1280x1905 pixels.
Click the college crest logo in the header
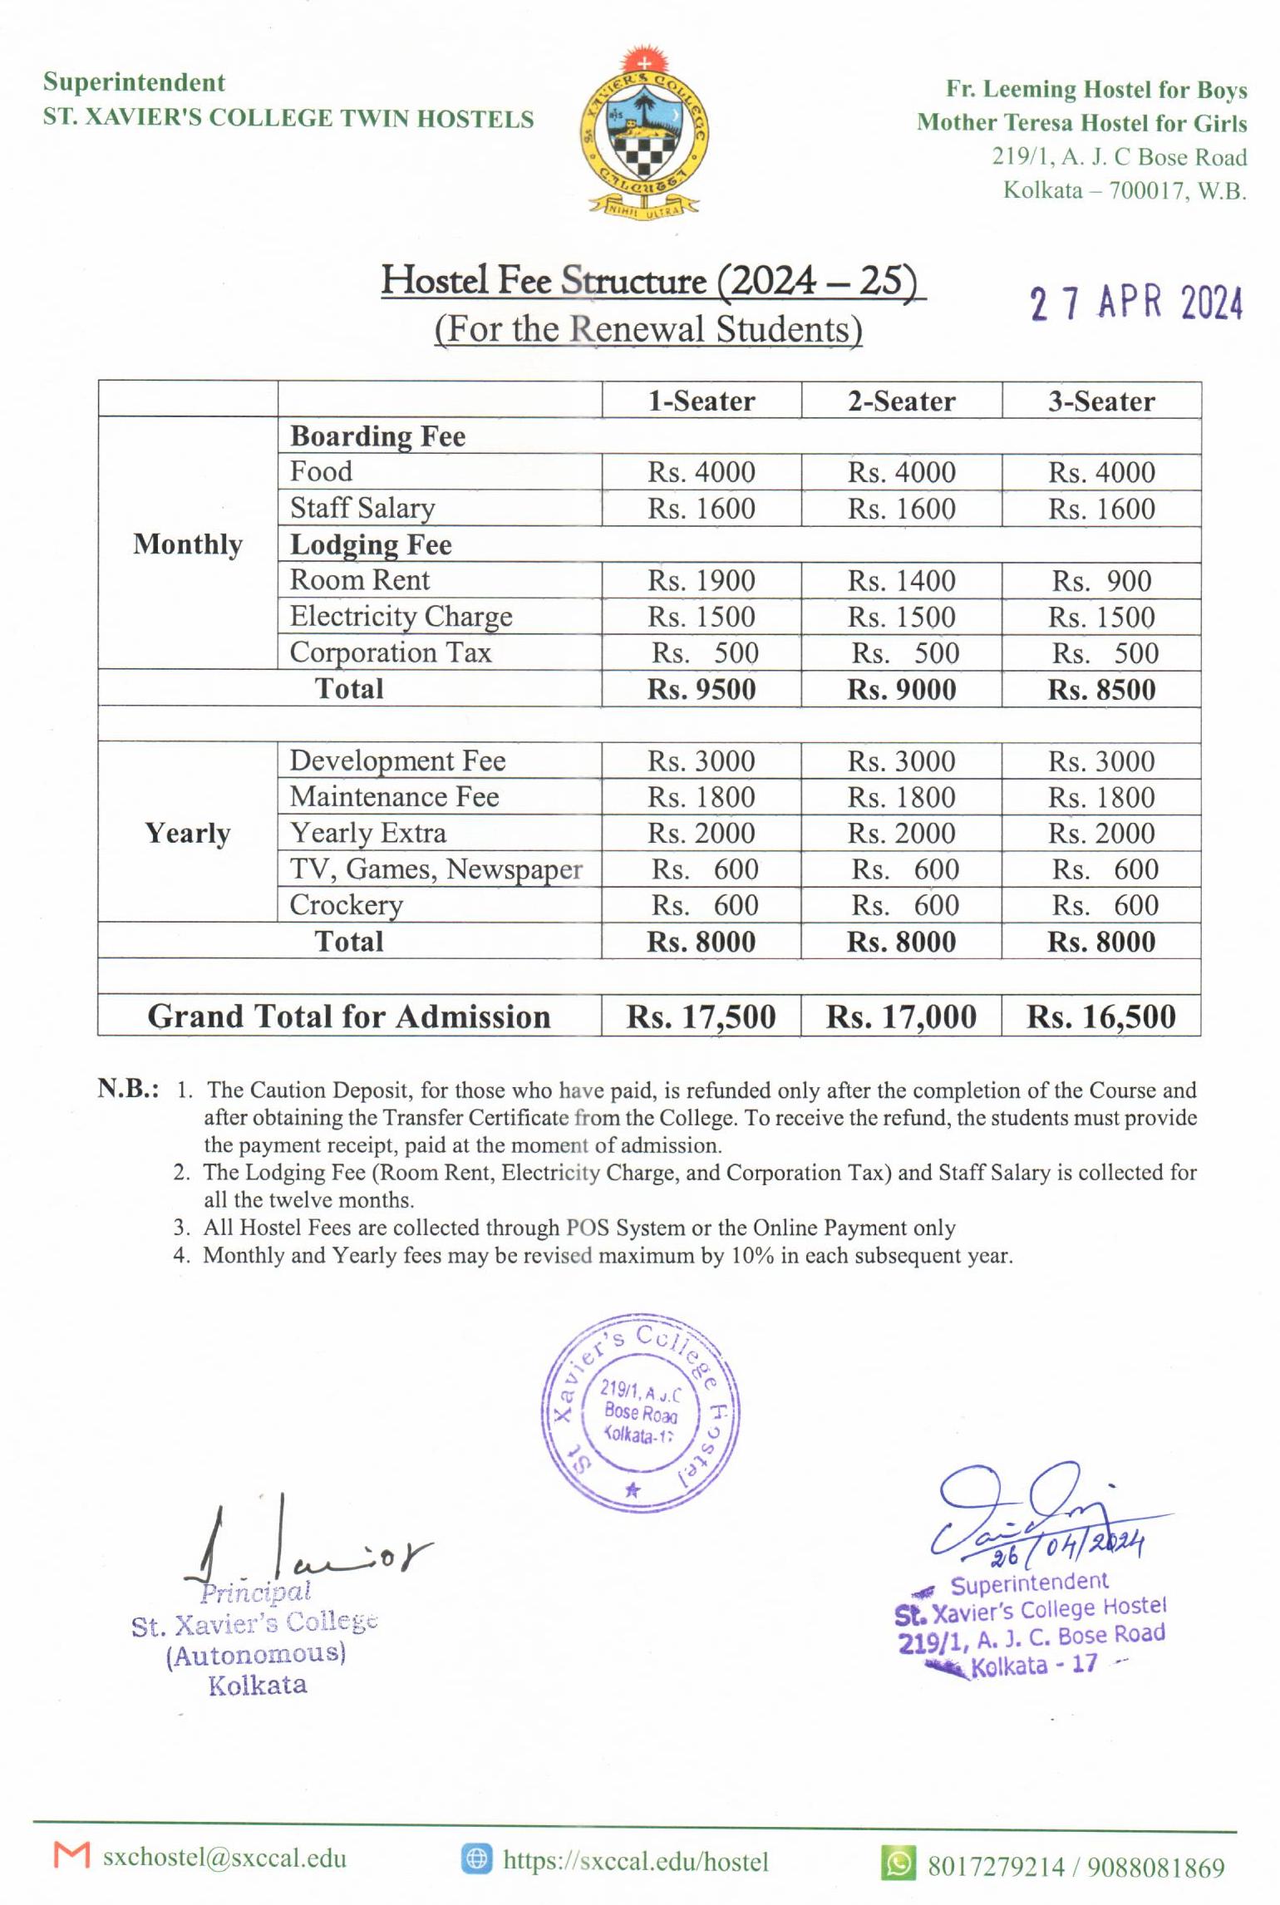[644, 134]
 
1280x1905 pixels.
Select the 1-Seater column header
[702, 401]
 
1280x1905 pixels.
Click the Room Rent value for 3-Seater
[1101, 580]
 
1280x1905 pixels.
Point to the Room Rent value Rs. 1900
[702, 580]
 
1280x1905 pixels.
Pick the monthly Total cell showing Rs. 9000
[902, 689]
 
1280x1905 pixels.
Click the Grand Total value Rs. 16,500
[1101, 1016]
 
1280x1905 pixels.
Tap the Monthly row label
[188, 544]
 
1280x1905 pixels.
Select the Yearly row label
[188, 833]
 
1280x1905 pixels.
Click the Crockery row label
[347, 905]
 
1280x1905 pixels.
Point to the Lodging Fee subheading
[371, 544]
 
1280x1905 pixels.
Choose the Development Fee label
[397, 761]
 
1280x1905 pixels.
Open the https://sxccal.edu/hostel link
[635, 1861]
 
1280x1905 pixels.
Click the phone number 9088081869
[1155, 1867]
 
